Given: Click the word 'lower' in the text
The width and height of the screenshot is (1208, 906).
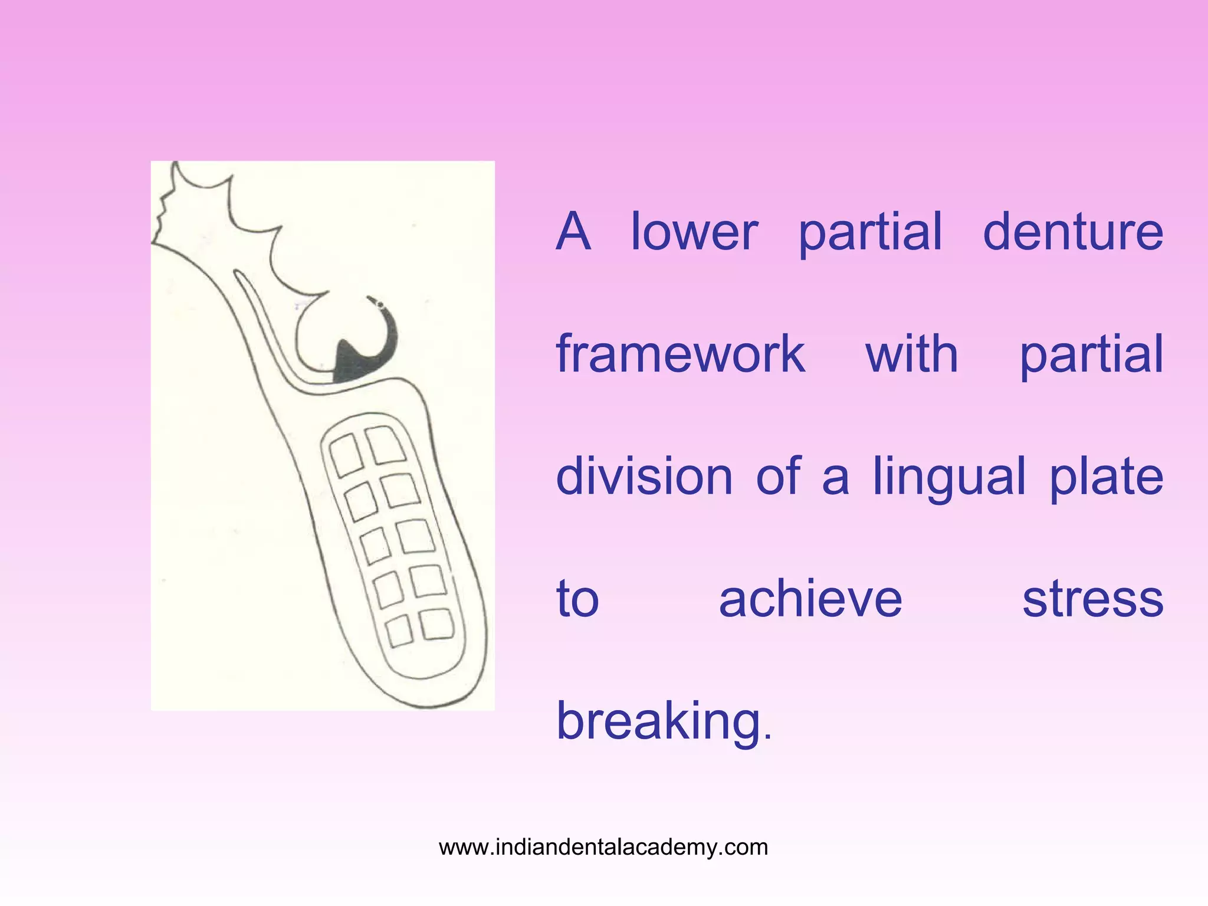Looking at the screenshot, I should click(x=694, y=232).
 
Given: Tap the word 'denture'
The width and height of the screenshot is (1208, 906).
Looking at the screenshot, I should click(x=1073, y=232).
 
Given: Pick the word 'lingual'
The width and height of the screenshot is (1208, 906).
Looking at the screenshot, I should click(x=949, y=478).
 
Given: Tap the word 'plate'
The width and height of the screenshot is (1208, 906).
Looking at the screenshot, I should click(x=1106, y=478).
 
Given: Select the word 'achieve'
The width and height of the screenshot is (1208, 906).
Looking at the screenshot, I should click(x=810, y=599).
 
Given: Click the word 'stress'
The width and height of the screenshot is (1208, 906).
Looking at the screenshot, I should click(x=1092, y=600).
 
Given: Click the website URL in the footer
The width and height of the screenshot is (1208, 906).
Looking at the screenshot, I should click(x=603, y=847).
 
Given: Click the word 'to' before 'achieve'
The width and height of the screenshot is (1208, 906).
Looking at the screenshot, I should click(x=577, y=599).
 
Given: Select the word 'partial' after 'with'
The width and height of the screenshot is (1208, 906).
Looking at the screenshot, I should click(x=1091, y=355).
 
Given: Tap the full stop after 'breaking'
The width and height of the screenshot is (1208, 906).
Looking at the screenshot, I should click(x=767, y=737).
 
